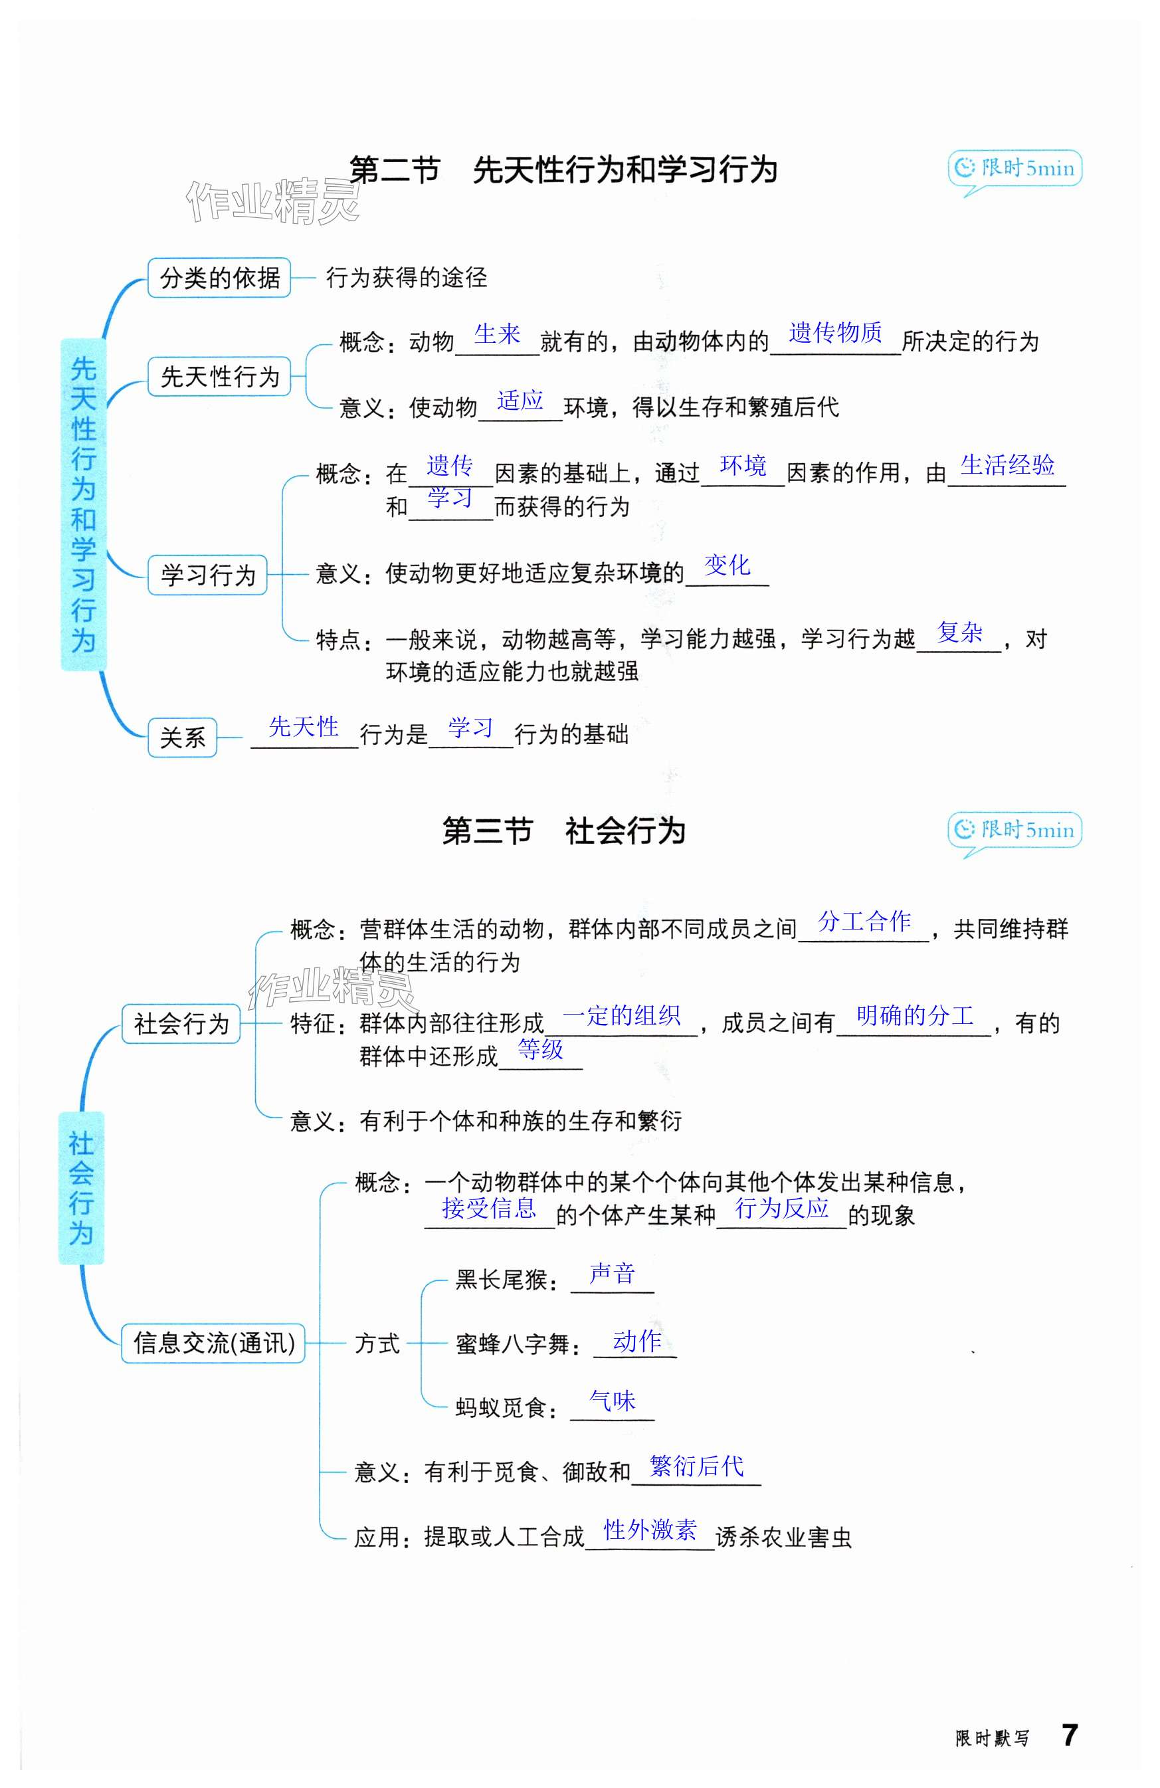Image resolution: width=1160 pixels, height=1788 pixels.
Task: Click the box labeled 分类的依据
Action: (219, 278)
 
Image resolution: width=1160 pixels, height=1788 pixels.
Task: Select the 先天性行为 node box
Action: (219, 376)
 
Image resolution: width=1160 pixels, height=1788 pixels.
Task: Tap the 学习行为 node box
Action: (207, 575)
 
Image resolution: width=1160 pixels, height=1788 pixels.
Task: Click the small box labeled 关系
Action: (183, 737)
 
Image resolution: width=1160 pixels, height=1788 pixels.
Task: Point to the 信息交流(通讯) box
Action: (213, 1343)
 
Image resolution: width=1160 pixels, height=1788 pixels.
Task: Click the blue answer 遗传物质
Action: (834, 332)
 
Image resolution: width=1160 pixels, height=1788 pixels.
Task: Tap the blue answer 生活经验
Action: (1007, 465)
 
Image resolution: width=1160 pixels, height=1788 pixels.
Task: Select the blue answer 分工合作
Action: (864, 921)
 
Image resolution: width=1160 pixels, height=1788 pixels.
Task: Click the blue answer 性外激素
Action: (650, 1529)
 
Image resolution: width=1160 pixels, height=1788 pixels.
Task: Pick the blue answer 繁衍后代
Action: (696, 1465)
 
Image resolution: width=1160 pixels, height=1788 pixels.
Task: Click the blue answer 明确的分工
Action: (914, 1016)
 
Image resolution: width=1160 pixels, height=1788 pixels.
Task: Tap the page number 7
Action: (1069, 1735)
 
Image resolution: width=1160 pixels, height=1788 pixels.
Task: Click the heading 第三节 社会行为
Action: (563, 831)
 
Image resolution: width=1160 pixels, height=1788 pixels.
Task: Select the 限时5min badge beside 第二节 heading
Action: (1015, 168)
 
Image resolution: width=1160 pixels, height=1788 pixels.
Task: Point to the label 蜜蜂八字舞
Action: (512, 1344)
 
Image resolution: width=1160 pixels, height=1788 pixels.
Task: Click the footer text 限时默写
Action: (992, 1738)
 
